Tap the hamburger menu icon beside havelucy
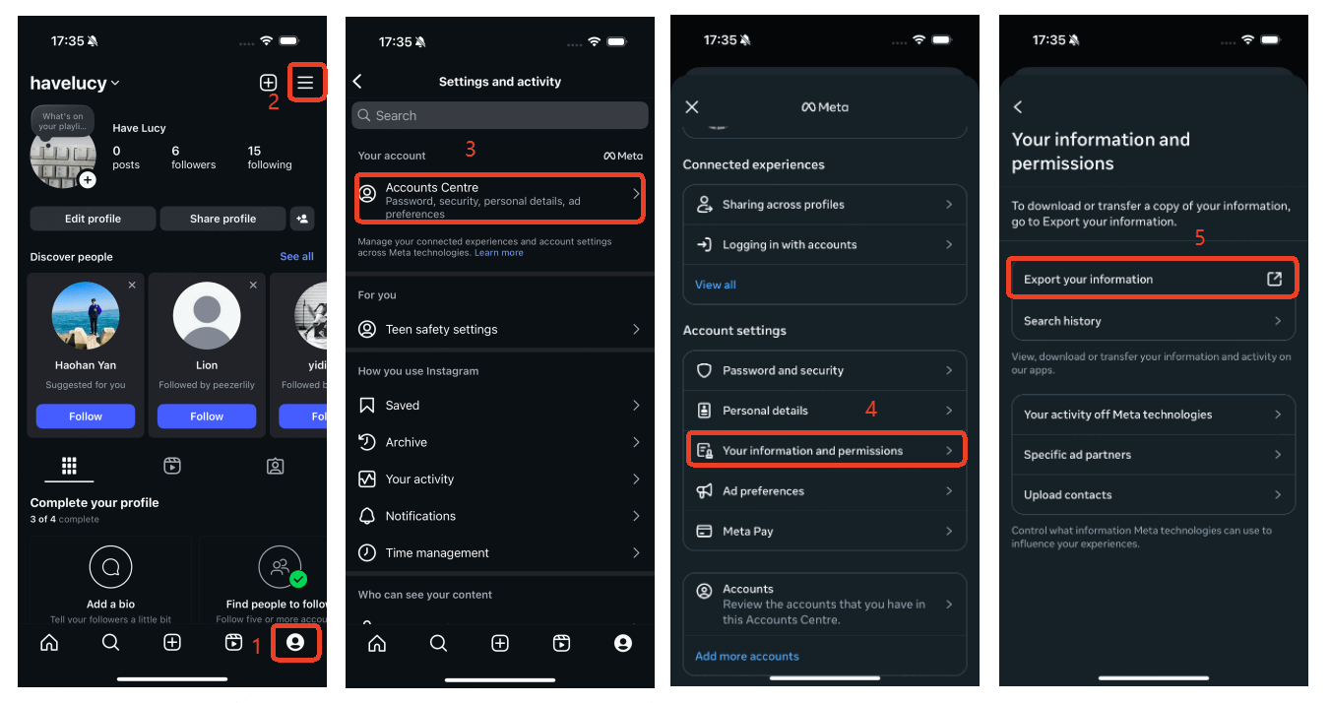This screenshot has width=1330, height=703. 305,83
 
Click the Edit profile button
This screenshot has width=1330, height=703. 93,219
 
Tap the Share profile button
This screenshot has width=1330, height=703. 222,219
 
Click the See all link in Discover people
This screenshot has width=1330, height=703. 296,257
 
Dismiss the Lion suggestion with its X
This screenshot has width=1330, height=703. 253,285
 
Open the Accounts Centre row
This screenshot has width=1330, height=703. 499,199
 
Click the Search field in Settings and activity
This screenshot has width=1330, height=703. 499,115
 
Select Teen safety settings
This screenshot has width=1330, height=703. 499,329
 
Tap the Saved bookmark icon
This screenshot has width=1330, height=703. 367,405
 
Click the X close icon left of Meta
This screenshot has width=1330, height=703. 692,107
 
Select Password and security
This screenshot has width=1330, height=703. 824,370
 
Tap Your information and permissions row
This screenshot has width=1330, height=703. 824,450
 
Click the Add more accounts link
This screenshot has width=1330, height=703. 746,656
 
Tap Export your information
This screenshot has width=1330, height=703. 1152,279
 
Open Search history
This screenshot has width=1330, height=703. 1152,321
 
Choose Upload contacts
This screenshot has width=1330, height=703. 1152,494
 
